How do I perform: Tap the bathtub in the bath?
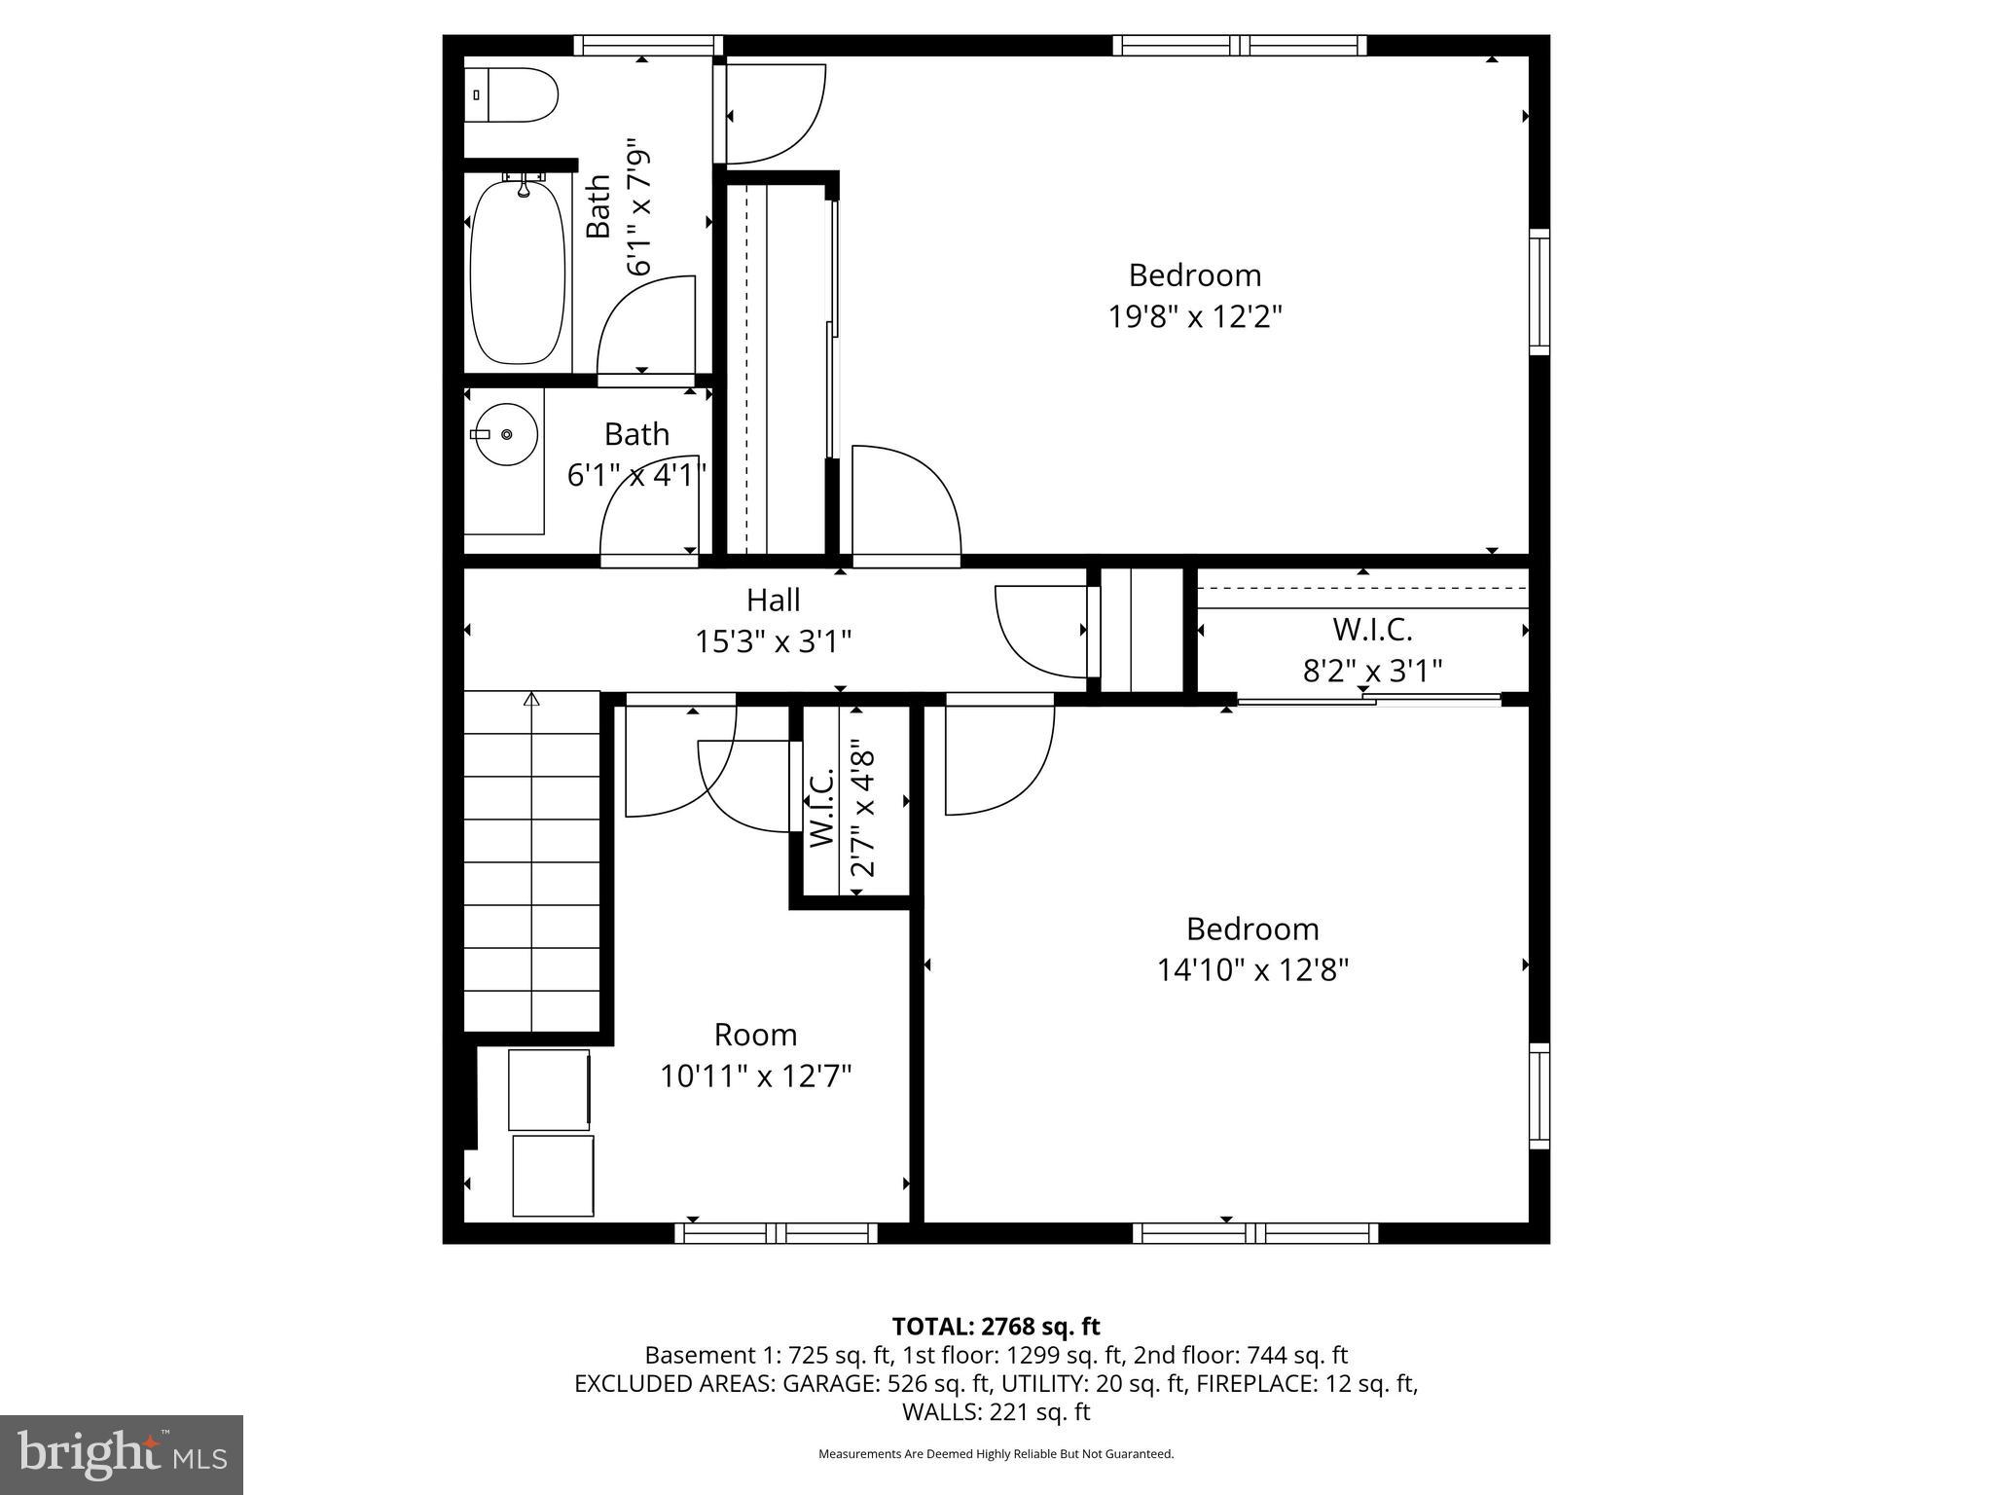517,273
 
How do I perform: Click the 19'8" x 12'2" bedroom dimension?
1195,317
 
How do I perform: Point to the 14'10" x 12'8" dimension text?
1252,970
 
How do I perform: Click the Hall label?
773,600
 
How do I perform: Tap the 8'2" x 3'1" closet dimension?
1372,671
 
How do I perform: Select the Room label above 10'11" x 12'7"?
755,1034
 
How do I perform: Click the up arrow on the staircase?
531,699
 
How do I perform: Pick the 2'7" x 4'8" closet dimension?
863,812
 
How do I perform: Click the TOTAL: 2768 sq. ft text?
996,1327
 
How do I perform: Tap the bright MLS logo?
122,1455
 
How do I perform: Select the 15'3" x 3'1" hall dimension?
773,641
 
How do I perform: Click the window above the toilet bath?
647,45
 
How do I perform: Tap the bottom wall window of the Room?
776,1233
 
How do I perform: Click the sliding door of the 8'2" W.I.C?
1368,699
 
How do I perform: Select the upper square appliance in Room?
550,1089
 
